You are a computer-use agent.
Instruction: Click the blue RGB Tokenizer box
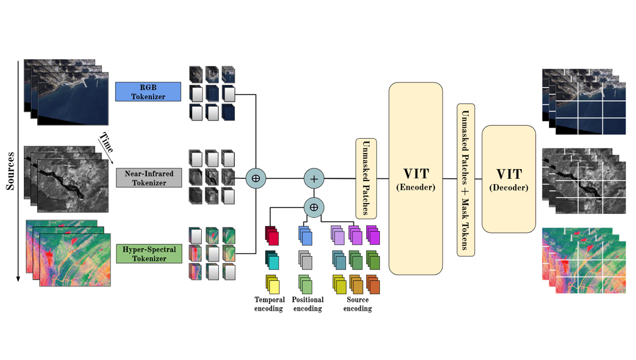[x=148, y=92]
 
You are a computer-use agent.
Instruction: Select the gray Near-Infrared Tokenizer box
[x=149, y=178]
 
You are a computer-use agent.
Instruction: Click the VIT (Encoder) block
[x=416, y=178]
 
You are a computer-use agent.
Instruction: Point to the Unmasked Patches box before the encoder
[x=366, y=178]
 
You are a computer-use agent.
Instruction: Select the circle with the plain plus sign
[x=314, y=179]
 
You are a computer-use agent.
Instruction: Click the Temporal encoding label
[x=269, y=304]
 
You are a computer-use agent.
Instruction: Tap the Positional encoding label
[x=308, y=304]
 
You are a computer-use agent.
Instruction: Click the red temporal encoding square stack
[x=272, y=235]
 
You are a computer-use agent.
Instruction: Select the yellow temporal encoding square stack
[x=272, y=284]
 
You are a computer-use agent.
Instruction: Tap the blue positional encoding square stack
[x=305, y=235]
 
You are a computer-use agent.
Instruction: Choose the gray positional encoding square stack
[x=305, y=260]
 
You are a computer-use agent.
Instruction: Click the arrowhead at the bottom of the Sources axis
[x=19, y=279]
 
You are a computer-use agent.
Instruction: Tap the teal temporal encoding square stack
[x=272, y=260]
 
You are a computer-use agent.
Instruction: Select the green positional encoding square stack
[x=305, y=284]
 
